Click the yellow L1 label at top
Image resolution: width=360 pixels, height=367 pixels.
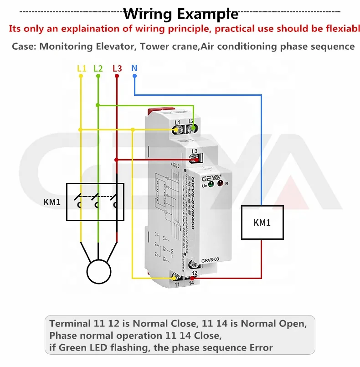pyautogui.click(x=81, y=68)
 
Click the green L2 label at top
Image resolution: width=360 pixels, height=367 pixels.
pyautogui.click(x=98, y=68)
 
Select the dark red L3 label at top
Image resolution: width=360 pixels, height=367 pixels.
pyautogui.click(x=117, y=68)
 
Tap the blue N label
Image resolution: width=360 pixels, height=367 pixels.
pyautogui.click(x=134, y=68)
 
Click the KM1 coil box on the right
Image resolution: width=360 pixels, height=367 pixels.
pyautogui.click(x=262, y=222)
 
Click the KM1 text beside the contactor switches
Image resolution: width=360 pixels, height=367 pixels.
pyautogui.click(x=52, y=202)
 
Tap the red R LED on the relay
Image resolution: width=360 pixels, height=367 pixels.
pyautogui.click(x=221, y=183)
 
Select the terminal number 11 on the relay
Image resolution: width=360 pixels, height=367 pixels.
pyautogui.click(x=178, y=284)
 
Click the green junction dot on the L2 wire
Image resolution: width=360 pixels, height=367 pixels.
pyautogui.click(x=98, y=105)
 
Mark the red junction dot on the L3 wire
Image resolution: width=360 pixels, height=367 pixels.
pyautogui.click(x=117, y=160)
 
